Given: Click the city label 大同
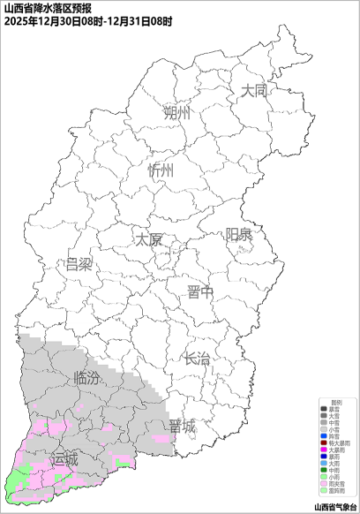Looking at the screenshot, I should pos(253,90).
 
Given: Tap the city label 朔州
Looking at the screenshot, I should pos(176,113).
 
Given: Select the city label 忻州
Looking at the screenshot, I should pos(161,170).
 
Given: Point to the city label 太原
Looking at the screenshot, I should pos(148,239).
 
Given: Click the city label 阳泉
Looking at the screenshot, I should pos(238,234).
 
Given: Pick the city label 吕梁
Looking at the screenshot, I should pos(79,264).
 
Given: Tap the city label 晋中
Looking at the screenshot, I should pos(200,293).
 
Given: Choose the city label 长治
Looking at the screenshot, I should pos(197,359).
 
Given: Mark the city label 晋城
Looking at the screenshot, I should pos(183,427).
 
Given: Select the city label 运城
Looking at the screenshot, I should pos(64,459).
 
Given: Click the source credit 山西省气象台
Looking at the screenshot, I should pos(335,507).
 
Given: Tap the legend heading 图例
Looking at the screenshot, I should pos(336,403).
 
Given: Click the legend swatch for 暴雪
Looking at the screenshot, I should pos(324,409).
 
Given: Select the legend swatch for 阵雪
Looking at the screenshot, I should pos(324,436).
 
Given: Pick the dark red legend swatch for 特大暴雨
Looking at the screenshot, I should pos(324,443).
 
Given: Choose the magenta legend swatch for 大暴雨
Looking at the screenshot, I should pos(324,450).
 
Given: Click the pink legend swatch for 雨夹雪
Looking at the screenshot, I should pos(324,483).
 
